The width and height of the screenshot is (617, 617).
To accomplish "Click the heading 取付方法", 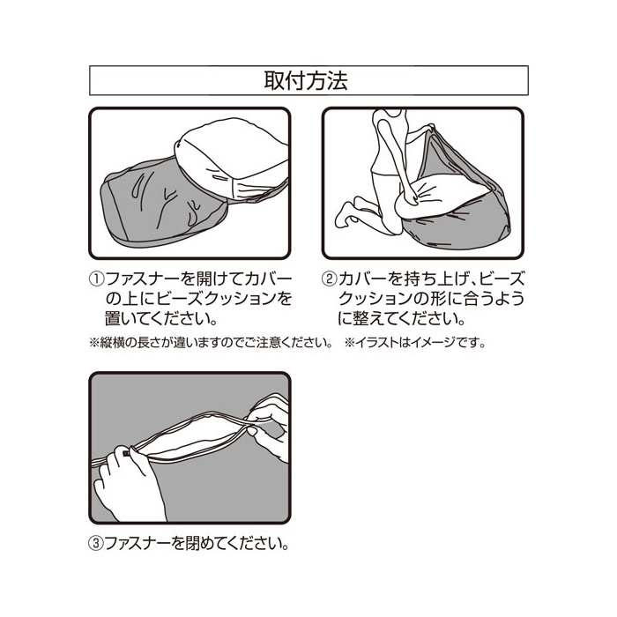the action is [x=306, y=81].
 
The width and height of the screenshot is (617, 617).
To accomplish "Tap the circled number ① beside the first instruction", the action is [x=97, y=279].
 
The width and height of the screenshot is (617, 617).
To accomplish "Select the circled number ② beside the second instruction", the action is [x=330, y=279].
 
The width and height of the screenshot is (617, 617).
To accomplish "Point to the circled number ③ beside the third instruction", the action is [x=97, y=544].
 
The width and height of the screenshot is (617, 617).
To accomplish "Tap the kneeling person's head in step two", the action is [x=390, y=113].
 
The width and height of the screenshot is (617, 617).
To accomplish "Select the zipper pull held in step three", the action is [x=127, y=453].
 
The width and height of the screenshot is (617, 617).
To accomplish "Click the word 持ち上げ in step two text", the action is [x=429, y=279].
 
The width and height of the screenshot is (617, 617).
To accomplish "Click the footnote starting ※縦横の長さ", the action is [x=211, y=343].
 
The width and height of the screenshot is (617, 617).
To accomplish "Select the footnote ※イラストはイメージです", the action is [x=414, y=343].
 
